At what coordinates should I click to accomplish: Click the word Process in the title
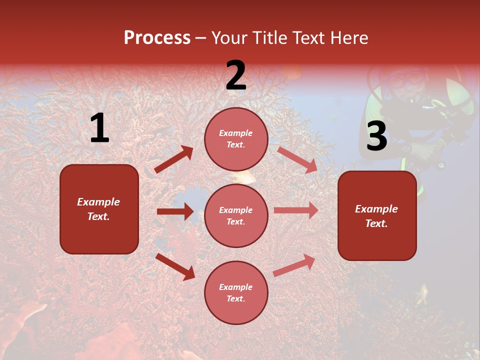[157, 38]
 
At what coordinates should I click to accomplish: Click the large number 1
[99, 128]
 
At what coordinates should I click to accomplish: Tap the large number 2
[236, 75]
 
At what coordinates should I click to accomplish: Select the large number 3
[376, 136]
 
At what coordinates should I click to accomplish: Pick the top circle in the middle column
[236, 139]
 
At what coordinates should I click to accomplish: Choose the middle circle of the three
[236, 215]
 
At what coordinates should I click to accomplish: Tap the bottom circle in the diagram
[236, 292]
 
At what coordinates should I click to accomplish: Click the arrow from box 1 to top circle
[174, 159]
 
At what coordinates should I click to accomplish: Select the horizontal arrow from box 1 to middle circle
[175, 211]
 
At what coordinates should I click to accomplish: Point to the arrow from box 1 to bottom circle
[175, 266]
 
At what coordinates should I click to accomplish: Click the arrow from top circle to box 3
[297, 159]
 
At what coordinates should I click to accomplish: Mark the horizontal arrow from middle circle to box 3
[296, 210]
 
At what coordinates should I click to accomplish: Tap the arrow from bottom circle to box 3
[294, 265]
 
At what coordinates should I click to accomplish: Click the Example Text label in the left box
[98, 209]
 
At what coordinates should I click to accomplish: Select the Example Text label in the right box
[376, 216]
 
